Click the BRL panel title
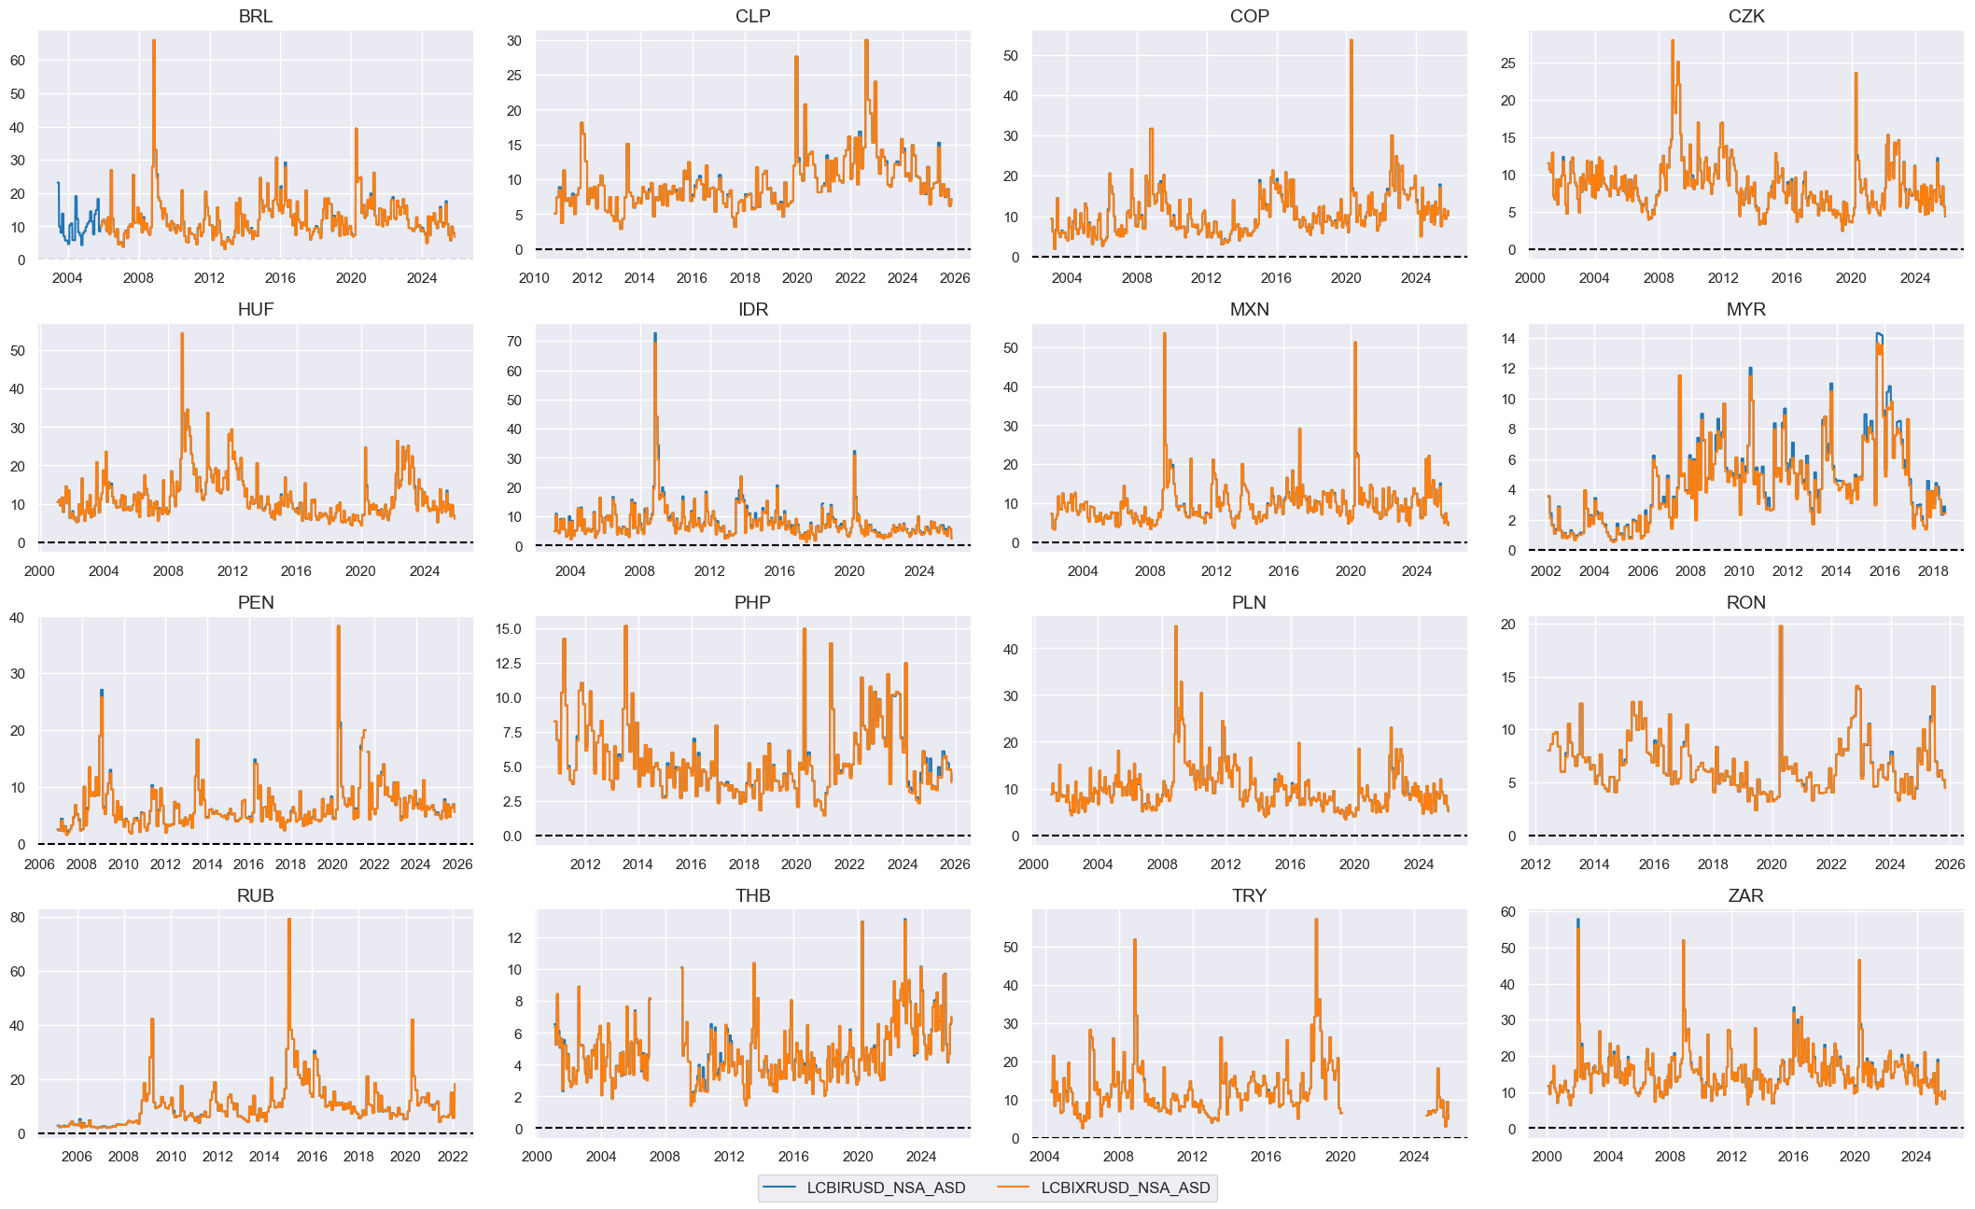tap(255, 16)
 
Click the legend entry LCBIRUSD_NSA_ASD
tap(885, 1188)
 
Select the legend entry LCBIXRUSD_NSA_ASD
tap(1125, 1188)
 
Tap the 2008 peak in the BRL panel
tap(154, 41)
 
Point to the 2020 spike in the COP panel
tap(1351, 41)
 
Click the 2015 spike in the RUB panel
tap(288, 920)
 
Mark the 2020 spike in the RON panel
tap(1780, 626)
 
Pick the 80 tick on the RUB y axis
tap(18, 918)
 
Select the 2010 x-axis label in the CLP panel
tap(534, 277)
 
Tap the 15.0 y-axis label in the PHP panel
tap(509, 629)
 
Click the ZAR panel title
tap(1745, 895)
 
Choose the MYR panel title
tap(1745, 309)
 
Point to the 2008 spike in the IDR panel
tap(655, 334)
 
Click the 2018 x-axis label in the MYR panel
tap(1933, 570)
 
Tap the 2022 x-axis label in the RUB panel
tap(453, 1156)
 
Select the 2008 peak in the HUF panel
tap(182, 334)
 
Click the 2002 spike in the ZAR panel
tap(1578, 921)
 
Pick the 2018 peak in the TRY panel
tap(1316, 920)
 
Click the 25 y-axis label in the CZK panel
tap(1507, 63)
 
